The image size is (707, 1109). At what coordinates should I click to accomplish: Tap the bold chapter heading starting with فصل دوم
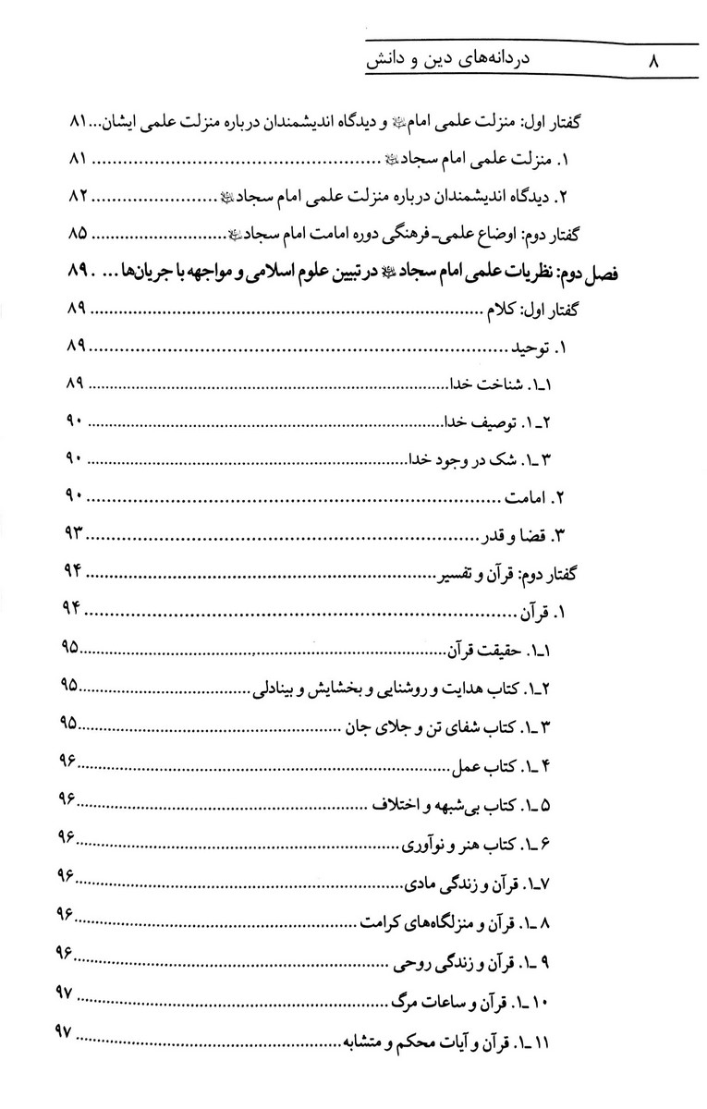388,274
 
